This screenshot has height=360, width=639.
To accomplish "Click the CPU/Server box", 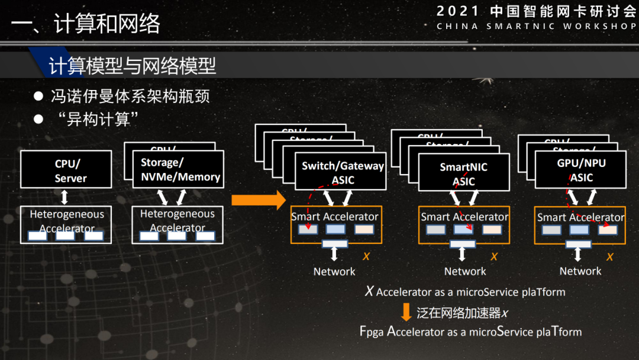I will [x=66, y=170].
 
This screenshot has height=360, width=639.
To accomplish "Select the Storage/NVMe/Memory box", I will [x=180, y=169].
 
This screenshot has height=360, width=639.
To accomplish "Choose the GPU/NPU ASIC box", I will [x=580, y=170].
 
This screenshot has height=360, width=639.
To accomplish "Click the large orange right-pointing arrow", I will [x=259, y=200].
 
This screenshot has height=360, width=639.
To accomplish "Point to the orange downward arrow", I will [x=406, y=312].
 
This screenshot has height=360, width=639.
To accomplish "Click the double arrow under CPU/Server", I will [x=66, y=197].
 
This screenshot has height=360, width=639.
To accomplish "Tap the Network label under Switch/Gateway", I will [x=334, y=271].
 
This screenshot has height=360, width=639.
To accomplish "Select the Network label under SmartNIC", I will [x=465, y=271].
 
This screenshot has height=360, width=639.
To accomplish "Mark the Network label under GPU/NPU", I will [x=580, y=271].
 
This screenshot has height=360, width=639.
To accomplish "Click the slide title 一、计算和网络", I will [x=86, y=24].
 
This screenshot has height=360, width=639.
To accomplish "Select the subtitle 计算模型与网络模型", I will [x=133, y=66].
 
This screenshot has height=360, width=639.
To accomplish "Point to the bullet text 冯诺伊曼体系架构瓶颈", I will [x=130, y=96].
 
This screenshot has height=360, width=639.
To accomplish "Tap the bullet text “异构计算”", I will [x=95, y=119].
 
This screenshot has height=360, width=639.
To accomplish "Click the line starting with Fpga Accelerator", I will [x=470, y=332].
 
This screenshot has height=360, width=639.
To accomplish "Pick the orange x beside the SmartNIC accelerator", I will [x=494, y=256].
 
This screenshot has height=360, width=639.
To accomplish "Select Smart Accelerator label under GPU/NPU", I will [x=580, y=217].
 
